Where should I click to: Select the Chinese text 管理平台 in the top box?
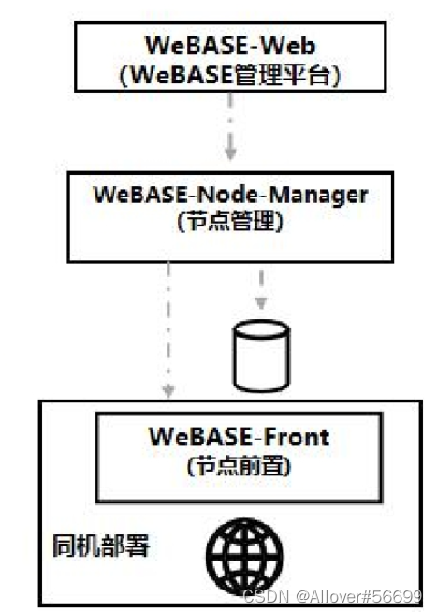coord(280,76)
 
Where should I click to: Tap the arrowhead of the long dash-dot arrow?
coord(168,389)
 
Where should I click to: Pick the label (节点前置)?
coord(240,465)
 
